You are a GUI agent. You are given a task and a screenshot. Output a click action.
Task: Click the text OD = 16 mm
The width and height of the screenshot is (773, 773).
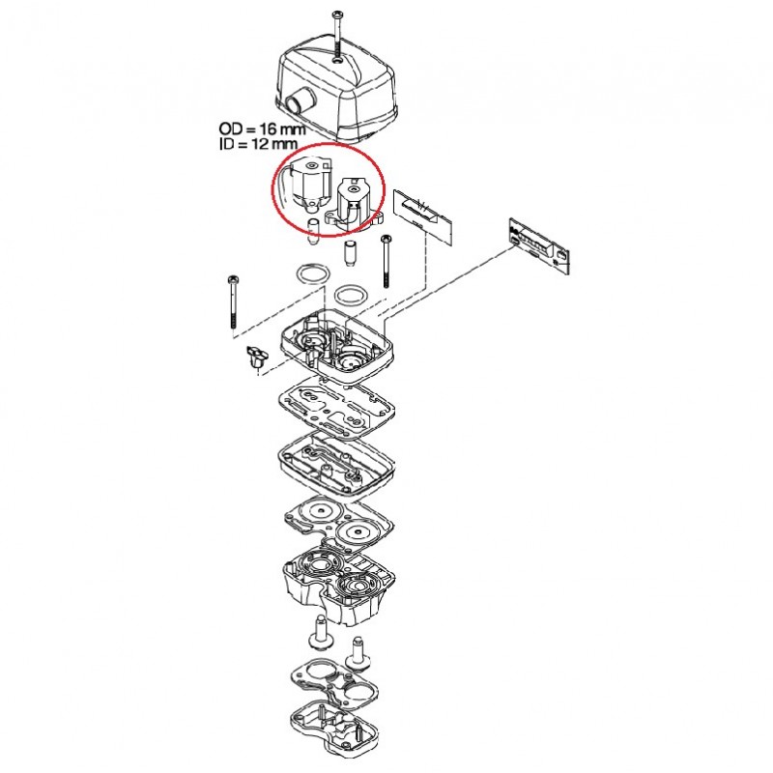point(262,129)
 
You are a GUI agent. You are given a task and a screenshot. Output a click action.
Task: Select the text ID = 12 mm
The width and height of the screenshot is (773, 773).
point(258,143)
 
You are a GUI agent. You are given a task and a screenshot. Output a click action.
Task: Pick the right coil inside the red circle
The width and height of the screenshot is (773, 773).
point(354,204)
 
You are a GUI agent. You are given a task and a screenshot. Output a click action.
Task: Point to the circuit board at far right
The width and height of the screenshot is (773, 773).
point(539,244)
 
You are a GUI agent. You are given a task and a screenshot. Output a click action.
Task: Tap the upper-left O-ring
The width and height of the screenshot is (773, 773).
point(312,274)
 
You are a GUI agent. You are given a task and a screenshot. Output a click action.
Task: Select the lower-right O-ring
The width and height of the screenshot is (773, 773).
point(352,296)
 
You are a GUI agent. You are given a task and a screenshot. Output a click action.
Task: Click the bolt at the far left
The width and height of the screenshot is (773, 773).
point(232,302)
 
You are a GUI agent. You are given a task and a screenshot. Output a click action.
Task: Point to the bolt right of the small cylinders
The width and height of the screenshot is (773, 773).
point(386,262)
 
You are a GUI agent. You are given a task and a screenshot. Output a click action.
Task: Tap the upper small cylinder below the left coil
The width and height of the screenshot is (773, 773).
point(313,231)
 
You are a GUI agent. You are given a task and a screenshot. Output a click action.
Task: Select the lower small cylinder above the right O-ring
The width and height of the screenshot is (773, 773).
point(350,254)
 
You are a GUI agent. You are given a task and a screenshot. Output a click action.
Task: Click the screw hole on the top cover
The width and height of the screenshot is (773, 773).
point(336,60)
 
